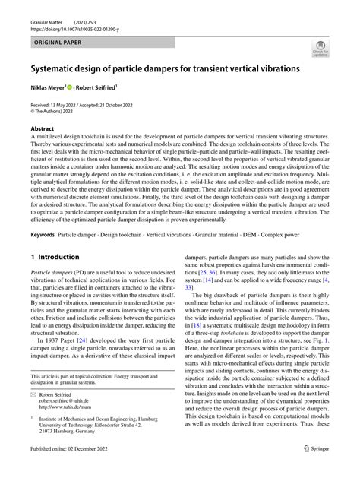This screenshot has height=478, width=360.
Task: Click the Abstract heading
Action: click(43, 130)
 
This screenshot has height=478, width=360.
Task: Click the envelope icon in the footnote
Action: click(34, 404)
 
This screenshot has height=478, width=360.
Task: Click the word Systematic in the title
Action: click(58, 69)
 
